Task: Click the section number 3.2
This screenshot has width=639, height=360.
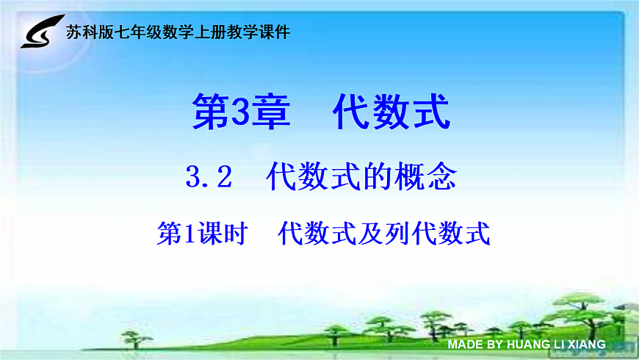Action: [209, 177]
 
